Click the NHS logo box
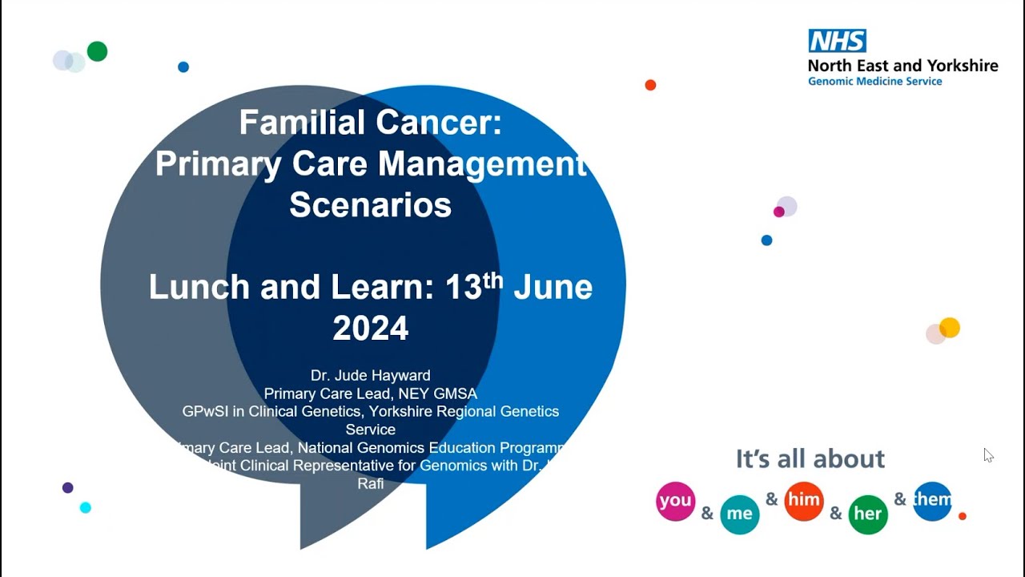coord(837,41)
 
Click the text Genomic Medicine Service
coord(874,82)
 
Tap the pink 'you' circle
coord(675,501)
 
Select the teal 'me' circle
coord(739,514)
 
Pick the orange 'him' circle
coord(803,501)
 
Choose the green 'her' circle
coord(867,514)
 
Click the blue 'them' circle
coord(932,501)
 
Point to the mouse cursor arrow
coord(987,454)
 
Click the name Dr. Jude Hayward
coord(370,375)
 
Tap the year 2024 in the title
coord(370,329)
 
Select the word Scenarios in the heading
coord(370,204)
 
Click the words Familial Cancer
coord(370,123)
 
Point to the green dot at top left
coord(97,51)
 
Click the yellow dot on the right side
coord(949,327)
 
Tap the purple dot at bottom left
coord(67,487)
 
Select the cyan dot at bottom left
coord(85,507)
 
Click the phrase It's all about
coord(810,458)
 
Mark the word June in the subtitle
coord(553,287)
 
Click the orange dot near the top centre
coord(650,85)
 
